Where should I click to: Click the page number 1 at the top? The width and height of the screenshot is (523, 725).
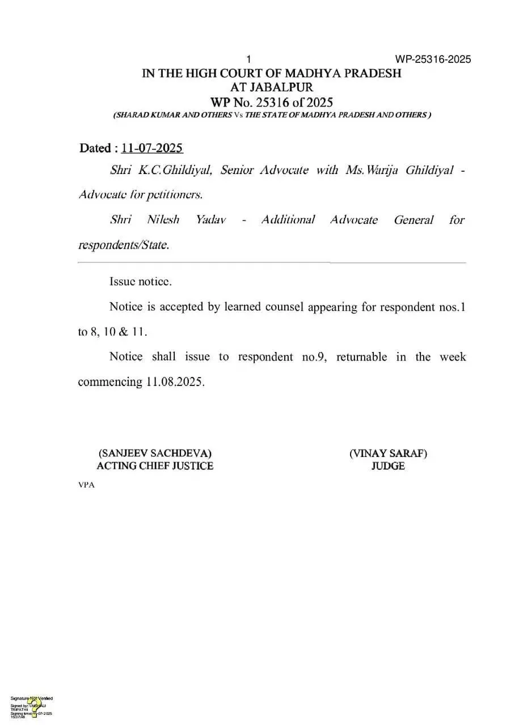[248, 60]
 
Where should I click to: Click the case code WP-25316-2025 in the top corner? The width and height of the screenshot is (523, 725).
[433, 60]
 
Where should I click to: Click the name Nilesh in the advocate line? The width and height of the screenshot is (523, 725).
[163, 220]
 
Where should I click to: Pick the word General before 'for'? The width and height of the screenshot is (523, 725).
[414, 220]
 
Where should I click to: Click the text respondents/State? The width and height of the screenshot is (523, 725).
[123, 245]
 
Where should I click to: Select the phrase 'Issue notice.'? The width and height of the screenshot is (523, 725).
[140, 281]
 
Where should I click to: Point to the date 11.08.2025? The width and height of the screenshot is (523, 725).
[174, 381]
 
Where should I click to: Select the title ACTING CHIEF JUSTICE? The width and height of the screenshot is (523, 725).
[155, 466]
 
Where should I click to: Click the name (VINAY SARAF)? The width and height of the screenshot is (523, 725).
[388, 453]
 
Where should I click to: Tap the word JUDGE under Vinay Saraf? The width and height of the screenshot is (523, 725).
[388, 466]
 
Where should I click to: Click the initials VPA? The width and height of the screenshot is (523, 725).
[86, 485]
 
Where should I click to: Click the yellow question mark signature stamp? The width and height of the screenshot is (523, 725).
[34, 706]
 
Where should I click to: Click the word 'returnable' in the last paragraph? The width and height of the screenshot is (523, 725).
[361, 357]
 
